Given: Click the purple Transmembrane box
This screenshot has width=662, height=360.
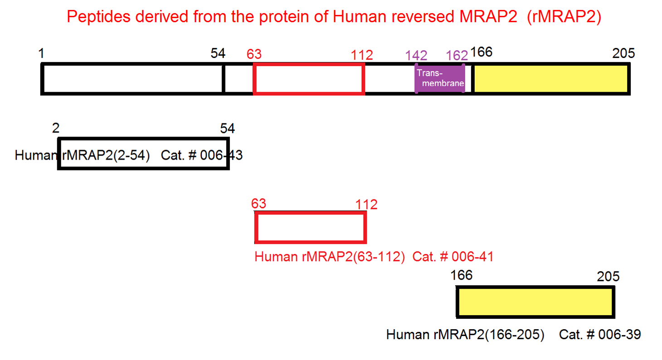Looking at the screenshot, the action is [x=440, y=78].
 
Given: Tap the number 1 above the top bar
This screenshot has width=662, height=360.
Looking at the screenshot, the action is [x=41, y=54].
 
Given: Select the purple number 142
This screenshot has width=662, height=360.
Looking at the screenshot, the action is [x=416, y=55].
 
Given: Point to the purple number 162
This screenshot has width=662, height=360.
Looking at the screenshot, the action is [x=457, y=55].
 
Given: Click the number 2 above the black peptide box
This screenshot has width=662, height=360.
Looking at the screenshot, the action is [x=56, y=128].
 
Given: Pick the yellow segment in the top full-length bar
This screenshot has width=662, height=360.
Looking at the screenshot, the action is [x=551, y=78].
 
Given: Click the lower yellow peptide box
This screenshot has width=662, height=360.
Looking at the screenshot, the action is [x=535, y=302].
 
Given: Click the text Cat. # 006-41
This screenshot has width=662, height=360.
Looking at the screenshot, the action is [x=453, y=257].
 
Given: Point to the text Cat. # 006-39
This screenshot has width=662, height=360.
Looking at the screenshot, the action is [x=600, y=335].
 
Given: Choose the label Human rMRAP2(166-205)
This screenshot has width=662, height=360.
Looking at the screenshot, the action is [x=465, y=335].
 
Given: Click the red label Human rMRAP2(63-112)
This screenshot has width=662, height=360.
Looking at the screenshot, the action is [x=330, y=257].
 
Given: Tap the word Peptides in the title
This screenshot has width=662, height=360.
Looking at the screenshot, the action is [x=98, y=17].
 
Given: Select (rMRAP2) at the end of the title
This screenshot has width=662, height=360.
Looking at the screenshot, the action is [x=564, y=17].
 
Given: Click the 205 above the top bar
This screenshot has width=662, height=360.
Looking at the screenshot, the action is [x=623, y=53].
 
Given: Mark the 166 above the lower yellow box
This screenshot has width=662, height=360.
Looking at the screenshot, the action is [x=461, y=275].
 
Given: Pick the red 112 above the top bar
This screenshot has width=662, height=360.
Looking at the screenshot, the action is [x=362, y=55].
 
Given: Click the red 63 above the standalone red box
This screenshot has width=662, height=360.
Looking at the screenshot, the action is [x=258, y=203].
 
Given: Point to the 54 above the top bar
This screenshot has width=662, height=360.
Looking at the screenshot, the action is [x=218, y=54].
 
